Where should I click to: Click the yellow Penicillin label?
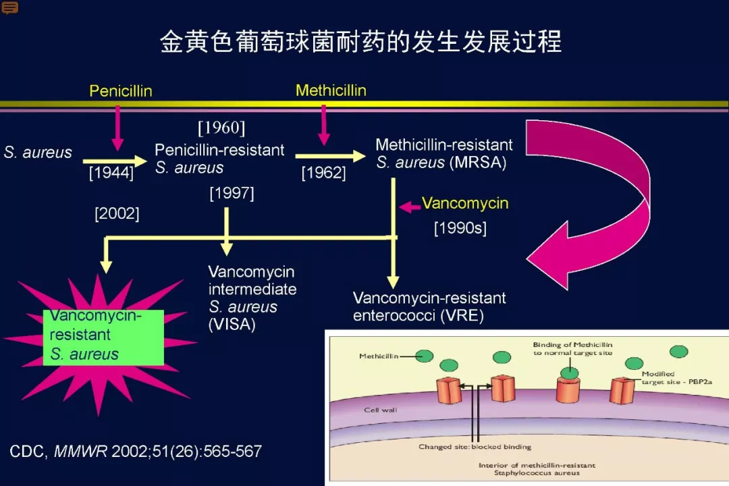(121, 90)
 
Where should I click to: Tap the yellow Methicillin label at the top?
(331, 90)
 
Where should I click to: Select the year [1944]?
(111, 173)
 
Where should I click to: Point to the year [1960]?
(221, 128)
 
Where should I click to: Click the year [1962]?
(323, 173)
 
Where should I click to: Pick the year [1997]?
(232, 193)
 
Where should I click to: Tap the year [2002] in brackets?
(117, 213)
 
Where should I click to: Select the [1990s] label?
(460, 228)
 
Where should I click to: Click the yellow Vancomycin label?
(465, 203)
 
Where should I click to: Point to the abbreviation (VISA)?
(232, 324)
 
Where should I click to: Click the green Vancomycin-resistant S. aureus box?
(103, 337)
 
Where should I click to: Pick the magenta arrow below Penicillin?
(117, 128)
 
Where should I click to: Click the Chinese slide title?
(361, 41)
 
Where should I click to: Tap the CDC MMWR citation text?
(136, 451)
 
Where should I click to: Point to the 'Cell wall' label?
(380, 410)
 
